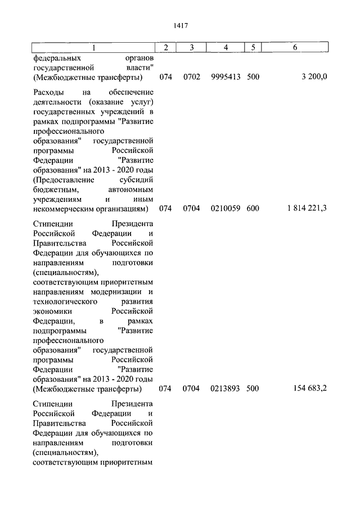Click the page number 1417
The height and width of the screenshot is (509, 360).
180,26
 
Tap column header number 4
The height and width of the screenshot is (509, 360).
226,48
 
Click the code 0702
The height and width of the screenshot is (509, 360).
191,77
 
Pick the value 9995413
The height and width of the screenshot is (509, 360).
226,77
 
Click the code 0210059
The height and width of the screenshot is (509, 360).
226,209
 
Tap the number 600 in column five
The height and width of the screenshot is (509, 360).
253,209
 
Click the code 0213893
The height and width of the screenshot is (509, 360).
226,389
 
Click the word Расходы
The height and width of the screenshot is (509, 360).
49,92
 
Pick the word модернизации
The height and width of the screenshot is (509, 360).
118,292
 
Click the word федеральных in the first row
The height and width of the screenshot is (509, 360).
56,57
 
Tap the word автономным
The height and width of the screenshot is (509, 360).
130,190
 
